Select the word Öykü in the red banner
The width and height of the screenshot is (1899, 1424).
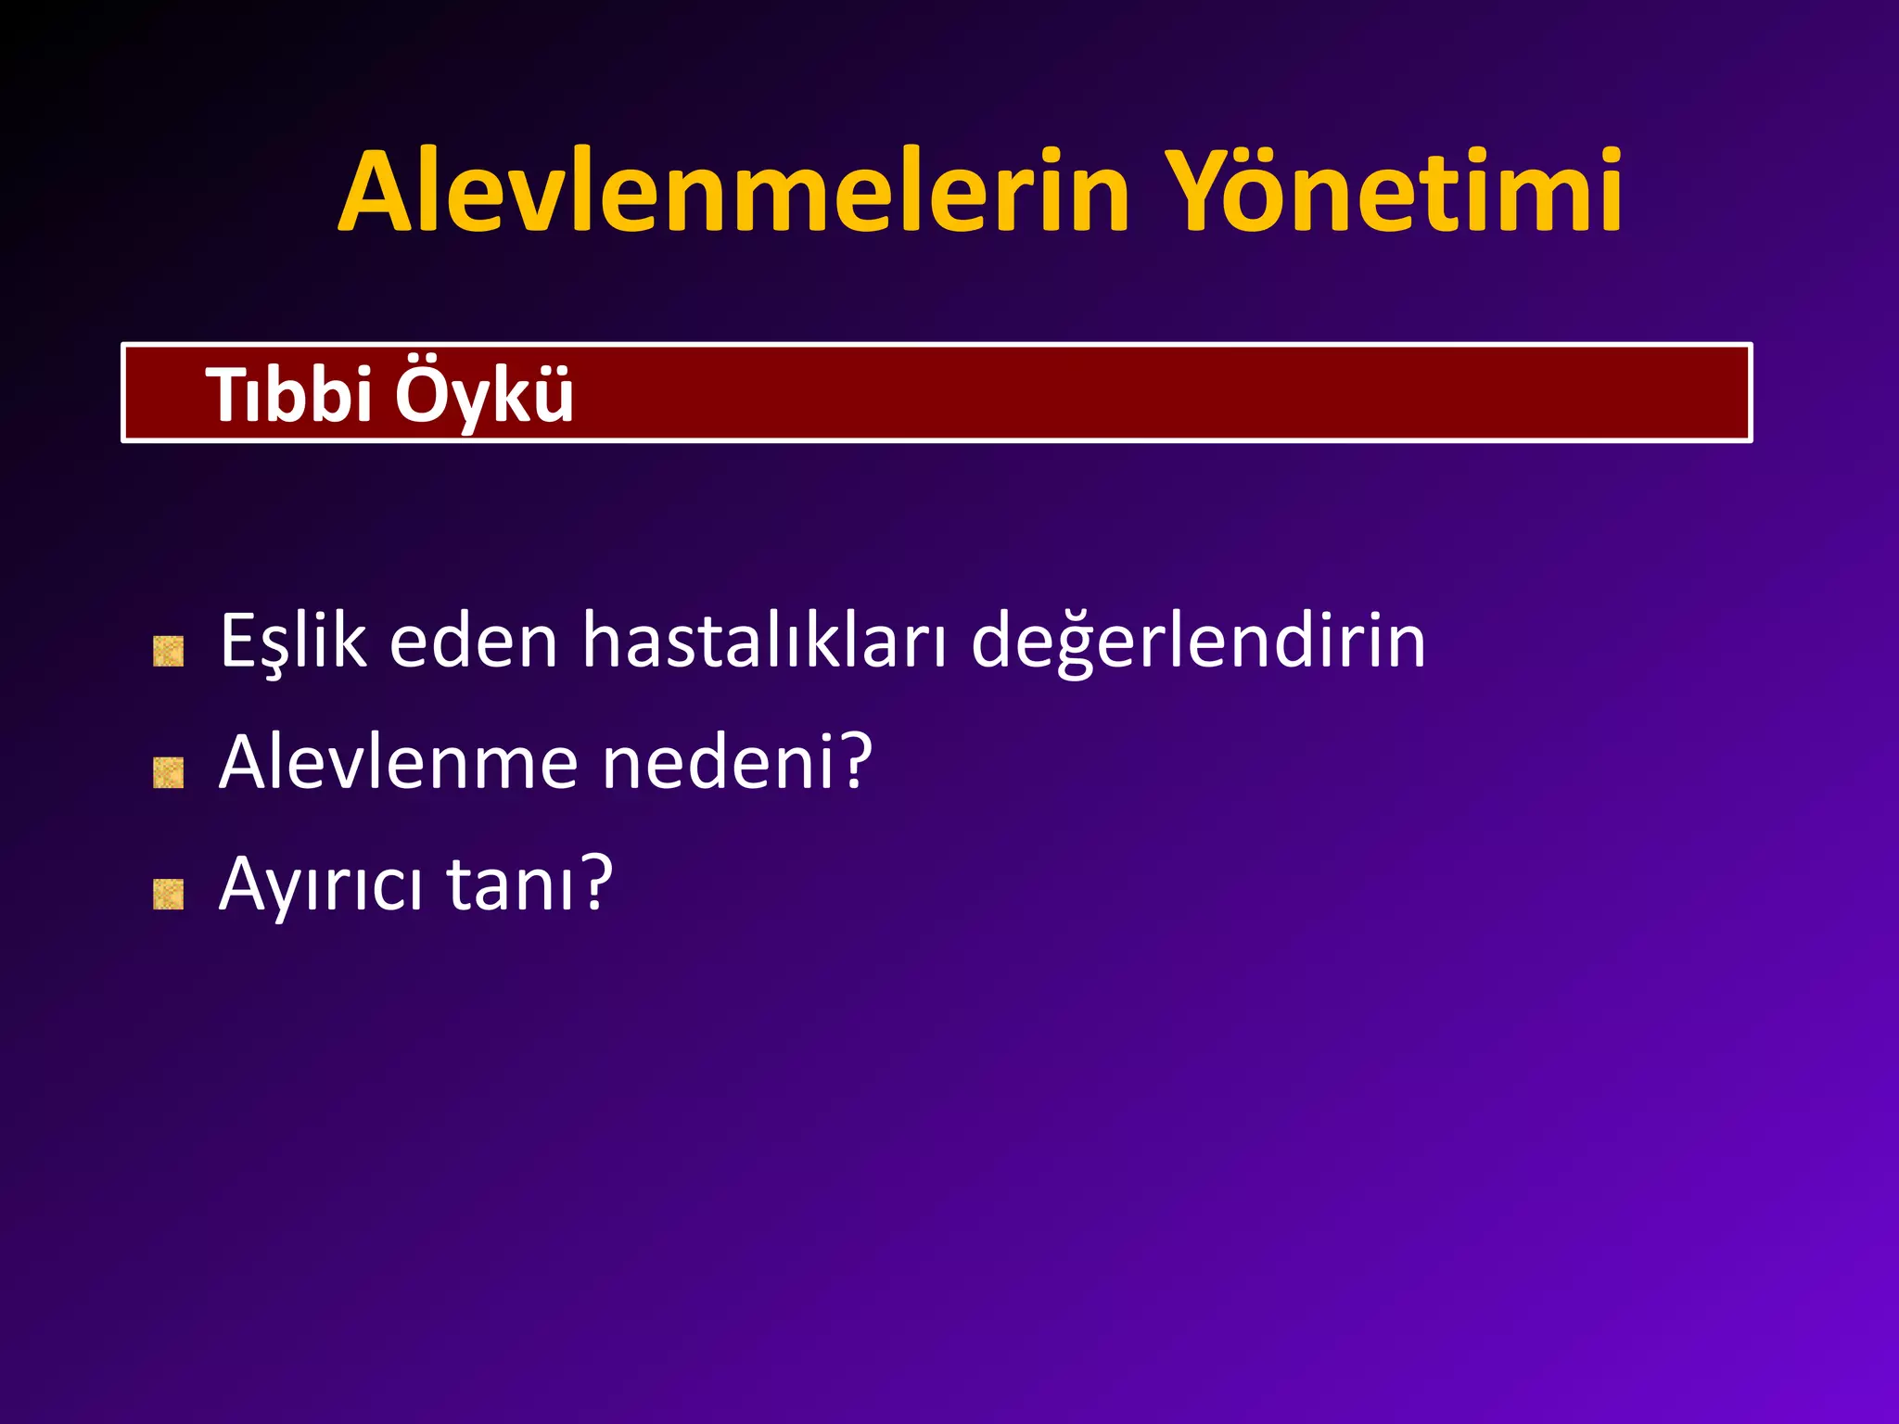click(x=484, y=395)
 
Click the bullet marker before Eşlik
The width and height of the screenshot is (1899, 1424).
click(x=168, y=652)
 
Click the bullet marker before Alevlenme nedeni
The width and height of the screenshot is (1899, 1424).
click(x=168, y=772)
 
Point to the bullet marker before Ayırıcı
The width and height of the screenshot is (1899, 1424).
click(x=168, y=895)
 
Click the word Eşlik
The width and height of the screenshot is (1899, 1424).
click(x=293, y=642)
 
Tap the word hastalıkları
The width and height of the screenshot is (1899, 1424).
click(x=764, y=642)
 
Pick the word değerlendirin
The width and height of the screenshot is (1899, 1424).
click(x=1198, y=642)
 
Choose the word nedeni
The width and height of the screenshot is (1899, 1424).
click(x=719, y=762)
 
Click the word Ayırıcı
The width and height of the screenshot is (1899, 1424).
click(x=321, y=884)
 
